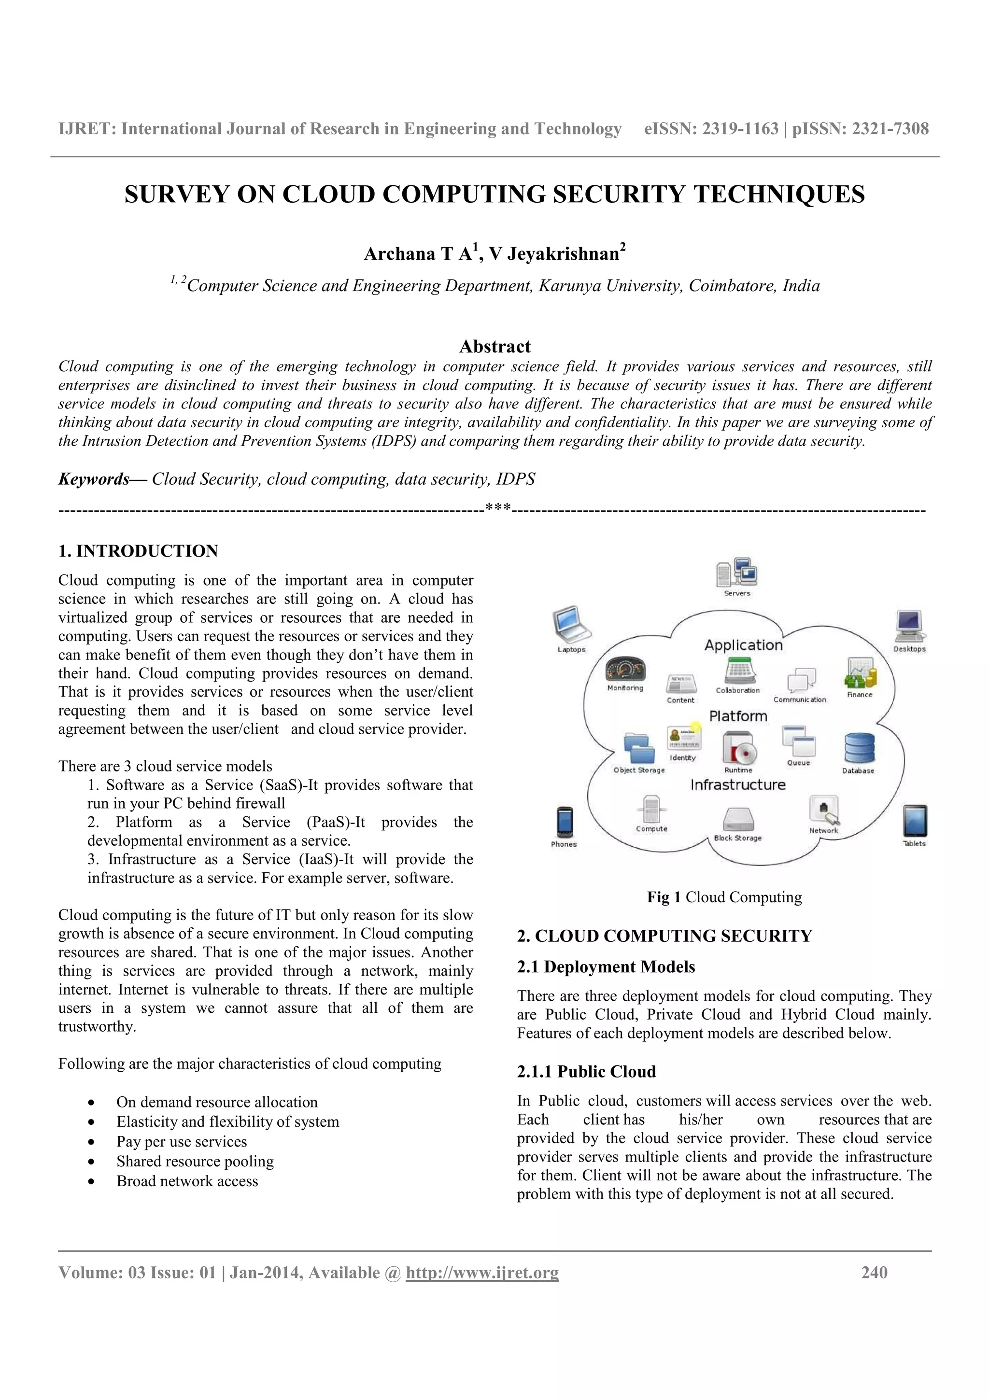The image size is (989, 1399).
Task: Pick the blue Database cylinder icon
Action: [859, 748]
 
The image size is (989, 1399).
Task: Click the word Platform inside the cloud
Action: [738, 716]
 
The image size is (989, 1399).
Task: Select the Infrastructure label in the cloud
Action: [738, 785]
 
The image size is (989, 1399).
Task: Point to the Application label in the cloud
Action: [743, 645]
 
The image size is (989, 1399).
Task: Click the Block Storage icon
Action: [738, 820]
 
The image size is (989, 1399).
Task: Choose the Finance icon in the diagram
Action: [860, 674]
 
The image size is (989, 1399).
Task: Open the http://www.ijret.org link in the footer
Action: [482, 1273]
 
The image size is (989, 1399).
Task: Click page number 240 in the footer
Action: [874, 1273]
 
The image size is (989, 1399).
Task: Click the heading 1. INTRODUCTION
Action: [138, 551]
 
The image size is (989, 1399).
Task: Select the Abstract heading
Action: [495, 347]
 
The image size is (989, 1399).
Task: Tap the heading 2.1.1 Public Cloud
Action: [586, 1072]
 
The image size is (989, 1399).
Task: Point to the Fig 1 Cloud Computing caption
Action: [724, 897]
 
